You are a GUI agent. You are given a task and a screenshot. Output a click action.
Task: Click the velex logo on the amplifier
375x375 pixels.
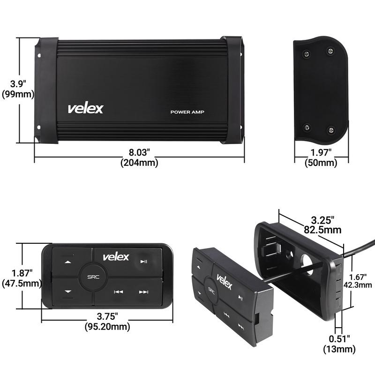85,108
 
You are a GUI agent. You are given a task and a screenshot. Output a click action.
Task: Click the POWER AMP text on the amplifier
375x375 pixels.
187,112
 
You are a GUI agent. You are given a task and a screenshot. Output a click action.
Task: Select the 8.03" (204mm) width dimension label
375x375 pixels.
139,157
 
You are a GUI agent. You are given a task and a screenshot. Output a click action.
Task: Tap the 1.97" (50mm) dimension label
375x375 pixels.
321,157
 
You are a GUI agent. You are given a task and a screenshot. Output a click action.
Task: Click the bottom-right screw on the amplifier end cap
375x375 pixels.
331,129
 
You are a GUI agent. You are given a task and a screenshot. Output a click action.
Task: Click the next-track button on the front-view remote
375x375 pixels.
143,292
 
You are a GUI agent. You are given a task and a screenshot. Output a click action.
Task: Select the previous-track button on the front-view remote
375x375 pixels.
118,292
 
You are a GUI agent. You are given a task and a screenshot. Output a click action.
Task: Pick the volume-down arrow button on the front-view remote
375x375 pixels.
68,292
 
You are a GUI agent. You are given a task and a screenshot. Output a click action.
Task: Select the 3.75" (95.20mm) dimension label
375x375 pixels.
107,321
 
